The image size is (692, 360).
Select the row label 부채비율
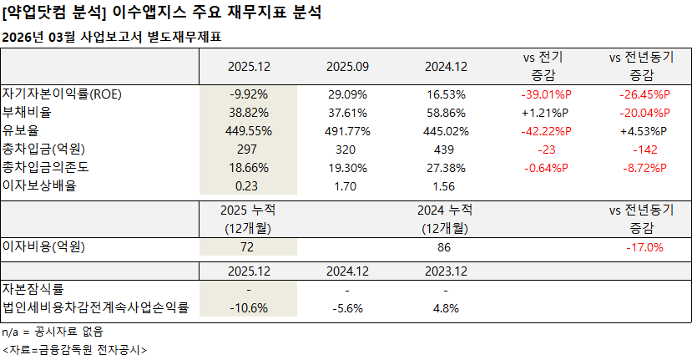(x=27, y=112)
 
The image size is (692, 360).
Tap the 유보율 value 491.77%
(x=348, y=130)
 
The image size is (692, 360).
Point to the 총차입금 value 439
(x=444, y=149)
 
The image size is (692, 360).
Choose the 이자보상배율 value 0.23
(x=250, y=185)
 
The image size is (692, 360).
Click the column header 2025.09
(x=348, y=66)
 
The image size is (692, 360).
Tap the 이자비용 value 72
(x=250, y=247)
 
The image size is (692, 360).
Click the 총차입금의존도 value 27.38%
(x=444, y=167)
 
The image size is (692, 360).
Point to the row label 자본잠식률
(x=33, y=289)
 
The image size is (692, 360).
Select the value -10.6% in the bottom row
(x=250, y=307)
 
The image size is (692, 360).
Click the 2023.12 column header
(x=444, y=271)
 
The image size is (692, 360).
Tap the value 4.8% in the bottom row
(x=444, y=307)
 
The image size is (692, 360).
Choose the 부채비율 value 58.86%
(x=444, y=112)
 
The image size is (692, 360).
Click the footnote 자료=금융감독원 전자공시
(x=74, y=349)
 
